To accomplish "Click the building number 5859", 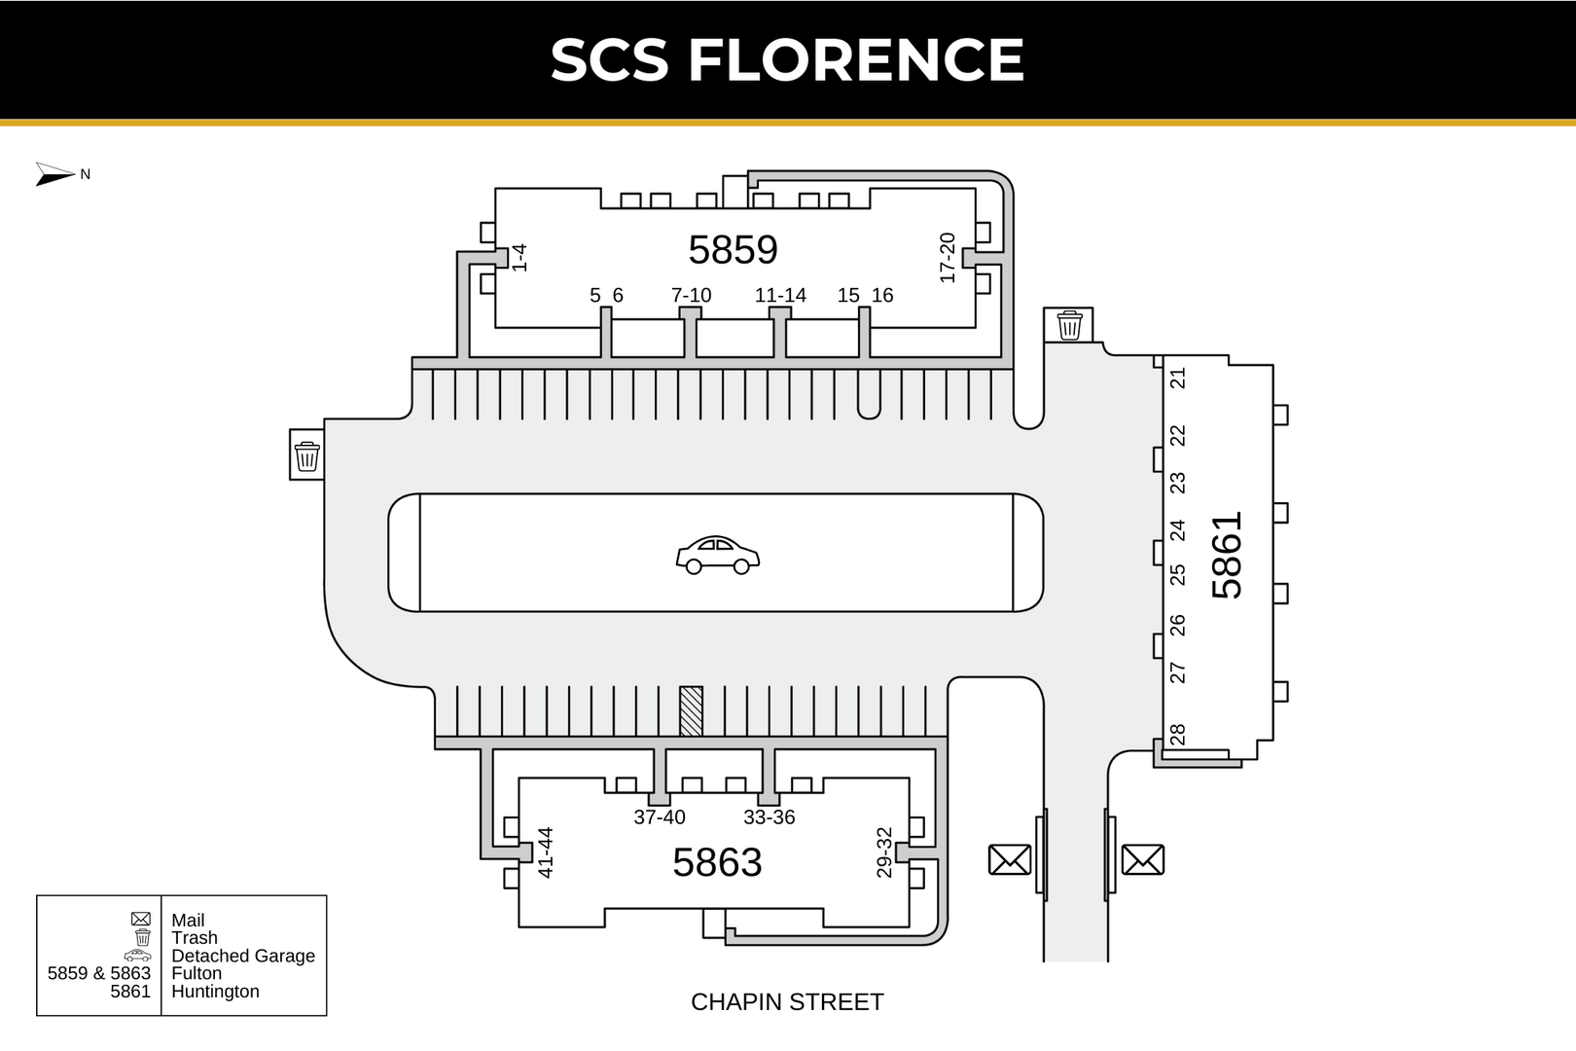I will [733, 250].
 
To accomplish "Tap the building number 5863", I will [717, 862].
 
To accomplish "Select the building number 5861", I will [1228, 556].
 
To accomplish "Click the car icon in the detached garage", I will [717, 555].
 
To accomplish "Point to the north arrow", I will [55, 174].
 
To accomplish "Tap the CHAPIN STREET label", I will [787, 1001].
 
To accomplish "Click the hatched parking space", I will [691, 710].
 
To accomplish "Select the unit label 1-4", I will [519, 258].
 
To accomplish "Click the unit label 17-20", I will [948, 258].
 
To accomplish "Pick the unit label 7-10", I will [691, 295].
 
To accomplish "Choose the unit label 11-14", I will [780, 295].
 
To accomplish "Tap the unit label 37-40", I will [660, 817].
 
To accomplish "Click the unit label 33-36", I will [769, 817].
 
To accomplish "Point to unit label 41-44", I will [546, 852].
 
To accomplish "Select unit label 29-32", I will [884, 852].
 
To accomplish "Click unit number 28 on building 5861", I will [1178, 735].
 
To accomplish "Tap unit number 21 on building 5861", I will [1178, 378].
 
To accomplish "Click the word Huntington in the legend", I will [215, 992].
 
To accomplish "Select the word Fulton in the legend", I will [197, 973].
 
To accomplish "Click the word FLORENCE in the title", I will [856, 59].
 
